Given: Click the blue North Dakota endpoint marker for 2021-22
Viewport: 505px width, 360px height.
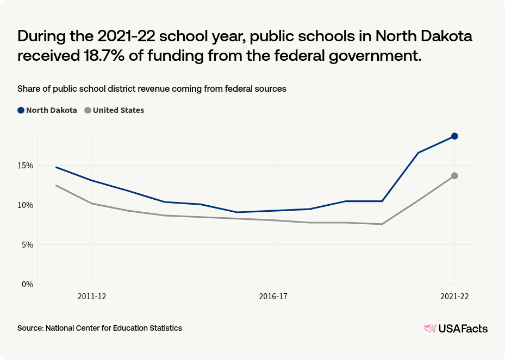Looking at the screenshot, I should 454,136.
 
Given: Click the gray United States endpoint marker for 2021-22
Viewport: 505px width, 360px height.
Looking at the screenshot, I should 454,176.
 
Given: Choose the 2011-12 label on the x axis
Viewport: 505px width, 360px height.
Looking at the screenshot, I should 92,296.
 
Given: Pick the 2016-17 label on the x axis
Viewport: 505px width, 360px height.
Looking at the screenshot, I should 273,296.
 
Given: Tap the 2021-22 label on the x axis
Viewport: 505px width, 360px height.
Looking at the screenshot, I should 454,296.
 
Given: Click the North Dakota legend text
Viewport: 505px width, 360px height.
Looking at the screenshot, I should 52,110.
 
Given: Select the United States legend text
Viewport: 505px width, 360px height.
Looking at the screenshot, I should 119,110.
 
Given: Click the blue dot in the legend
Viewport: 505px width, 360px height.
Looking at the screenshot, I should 21,110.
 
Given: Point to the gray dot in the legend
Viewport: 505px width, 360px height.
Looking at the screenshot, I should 88,110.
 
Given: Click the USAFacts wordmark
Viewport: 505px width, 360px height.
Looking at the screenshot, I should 463,329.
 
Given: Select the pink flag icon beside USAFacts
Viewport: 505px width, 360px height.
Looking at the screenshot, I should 430,328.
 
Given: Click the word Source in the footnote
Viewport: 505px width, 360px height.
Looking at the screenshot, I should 30,328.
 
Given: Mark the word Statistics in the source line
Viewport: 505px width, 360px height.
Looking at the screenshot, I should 164,328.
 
